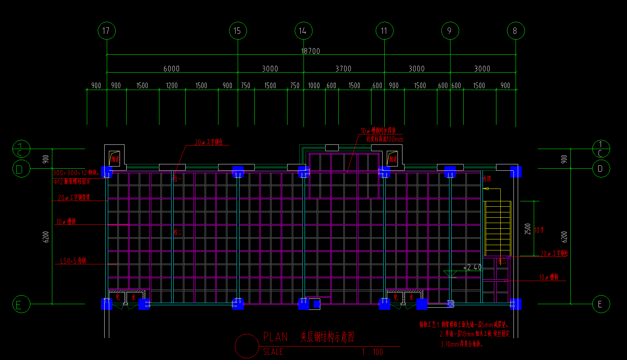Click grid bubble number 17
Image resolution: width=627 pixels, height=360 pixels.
[106, 31]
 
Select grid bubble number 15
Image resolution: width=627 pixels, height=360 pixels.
[238, 31]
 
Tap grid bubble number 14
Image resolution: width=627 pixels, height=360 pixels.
[303, 31]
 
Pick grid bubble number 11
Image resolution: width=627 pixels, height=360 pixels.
[384, 31]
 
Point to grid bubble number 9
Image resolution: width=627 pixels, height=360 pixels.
[450, 31]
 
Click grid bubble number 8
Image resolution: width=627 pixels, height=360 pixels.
[516, 31]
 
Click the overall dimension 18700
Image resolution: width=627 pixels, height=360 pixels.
[311, 51]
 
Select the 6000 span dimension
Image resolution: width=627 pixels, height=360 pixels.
[172, 69]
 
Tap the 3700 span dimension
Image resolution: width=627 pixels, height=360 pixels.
[343, 69]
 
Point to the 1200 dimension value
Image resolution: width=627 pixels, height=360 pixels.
[172, 86]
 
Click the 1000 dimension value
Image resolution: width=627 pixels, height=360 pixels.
[314, 86]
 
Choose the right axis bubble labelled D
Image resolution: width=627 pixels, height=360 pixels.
[601, 169]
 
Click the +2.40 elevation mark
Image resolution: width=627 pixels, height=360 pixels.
[472, 268]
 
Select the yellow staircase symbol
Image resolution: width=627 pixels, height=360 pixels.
[498, 228]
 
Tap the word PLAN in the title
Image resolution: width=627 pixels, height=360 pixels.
[275, 337]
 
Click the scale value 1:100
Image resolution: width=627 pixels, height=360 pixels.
[372, 352]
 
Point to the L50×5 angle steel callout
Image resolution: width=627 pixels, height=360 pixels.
[73, 261]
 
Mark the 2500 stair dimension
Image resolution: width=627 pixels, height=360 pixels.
[528, 229]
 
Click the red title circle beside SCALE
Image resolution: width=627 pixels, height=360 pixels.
[247, 346]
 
